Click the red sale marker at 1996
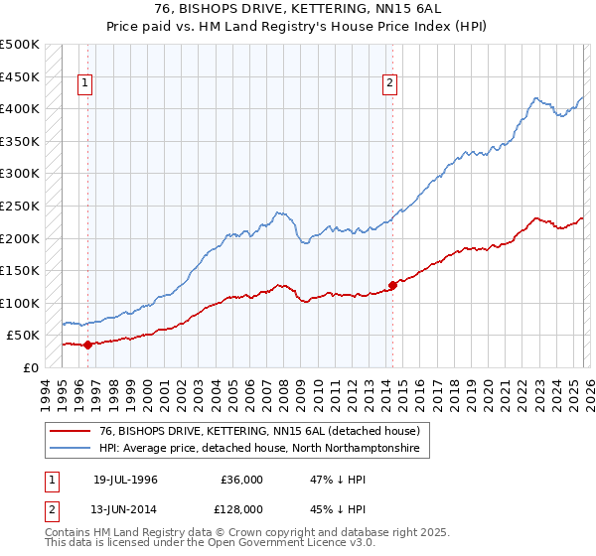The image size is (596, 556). (x=87, y=345)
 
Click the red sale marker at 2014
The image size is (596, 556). (x=392, y=285)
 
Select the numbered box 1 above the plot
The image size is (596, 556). (x=86, y=84)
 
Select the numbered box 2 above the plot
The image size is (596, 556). (x=390, y=84)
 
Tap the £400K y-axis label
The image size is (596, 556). (x=20, y=108)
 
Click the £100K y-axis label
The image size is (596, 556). (x=20, y=303)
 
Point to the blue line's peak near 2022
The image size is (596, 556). (x=536, y=97)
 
